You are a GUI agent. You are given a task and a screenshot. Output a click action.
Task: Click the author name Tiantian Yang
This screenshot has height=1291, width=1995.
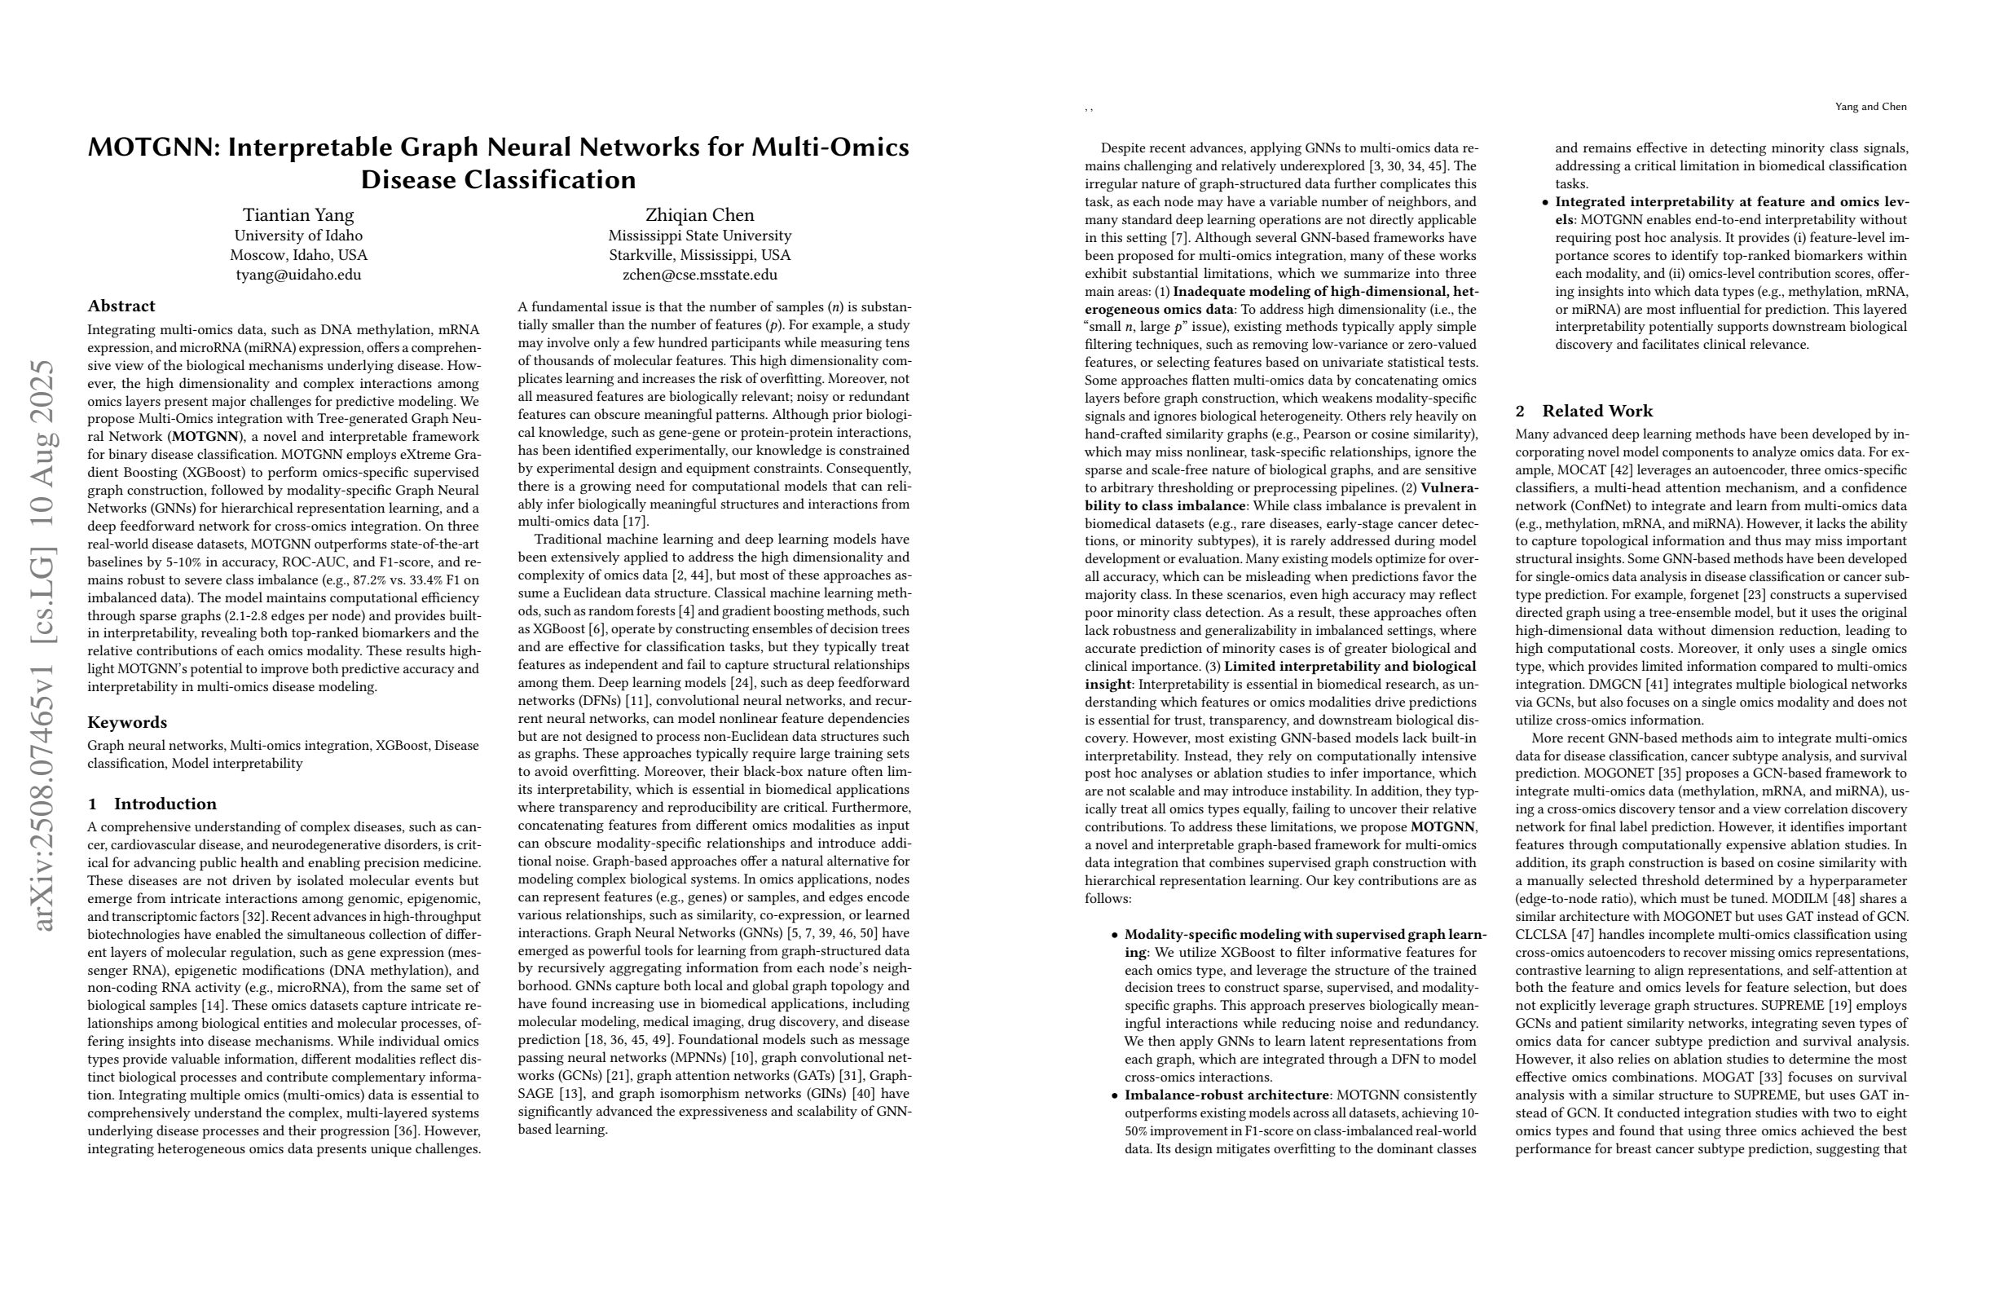point(298,214)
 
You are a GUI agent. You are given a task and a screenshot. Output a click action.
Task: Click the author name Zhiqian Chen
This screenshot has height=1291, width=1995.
point(699,214)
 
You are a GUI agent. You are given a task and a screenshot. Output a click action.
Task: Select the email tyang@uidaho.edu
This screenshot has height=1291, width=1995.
point(298,275)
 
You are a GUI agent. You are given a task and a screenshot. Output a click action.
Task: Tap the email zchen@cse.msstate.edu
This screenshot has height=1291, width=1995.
point(699,275)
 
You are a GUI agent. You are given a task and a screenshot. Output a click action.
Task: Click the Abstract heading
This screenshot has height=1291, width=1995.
point(121,306)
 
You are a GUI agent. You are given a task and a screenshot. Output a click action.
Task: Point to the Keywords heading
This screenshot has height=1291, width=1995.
point(127,723)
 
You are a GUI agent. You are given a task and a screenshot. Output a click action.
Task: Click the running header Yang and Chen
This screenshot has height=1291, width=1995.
point(1870,107)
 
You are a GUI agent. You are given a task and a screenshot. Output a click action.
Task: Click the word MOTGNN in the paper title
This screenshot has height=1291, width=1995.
point(152,148)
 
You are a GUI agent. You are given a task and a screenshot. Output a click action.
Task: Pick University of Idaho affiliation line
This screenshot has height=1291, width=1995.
point(298,236)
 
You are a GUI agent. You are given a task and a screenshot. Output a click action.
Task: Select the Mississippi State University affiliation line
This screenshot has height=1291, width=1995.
point(699,236)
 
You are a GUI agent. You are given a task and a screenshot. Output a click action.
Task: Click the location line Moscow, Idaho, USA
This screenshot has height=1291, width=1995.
point(298,255)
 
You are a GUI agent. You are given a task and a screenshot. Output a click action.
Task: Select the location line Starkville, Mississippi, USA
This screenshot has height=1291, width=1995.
point(699,255)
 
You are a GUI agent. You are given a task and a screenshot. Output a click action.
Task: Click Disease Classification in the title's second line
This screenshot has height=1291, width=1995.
point(498,180)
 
